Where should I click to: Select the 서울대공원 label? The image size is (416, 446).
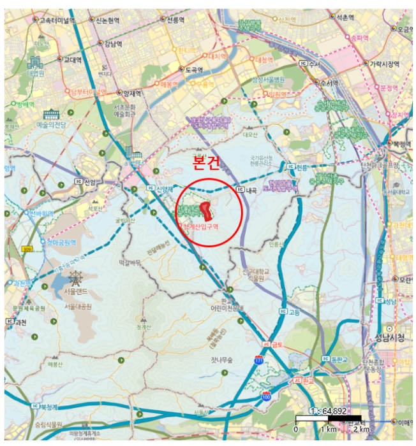(x=79, y=306)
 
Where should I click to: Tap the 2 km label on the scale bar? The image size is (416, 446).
(x=360, y=429)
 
